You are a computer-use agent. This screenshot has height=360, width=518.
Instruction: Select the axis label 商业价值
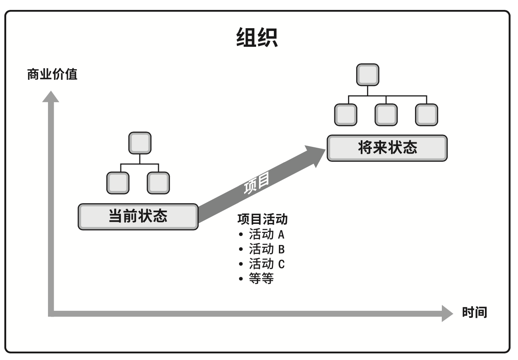(52, 75)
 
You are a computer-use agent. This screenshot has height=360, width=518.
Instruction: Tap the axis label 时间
(474, 312)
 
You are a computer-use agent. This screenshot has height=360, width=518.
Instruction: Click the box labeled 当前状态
(138, 216)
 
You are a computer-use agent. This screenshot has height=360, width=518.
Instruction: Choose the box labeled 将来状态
(387, 148)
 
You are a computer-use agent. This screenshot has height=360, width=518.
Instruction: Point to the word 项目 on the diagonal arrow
(256, 182)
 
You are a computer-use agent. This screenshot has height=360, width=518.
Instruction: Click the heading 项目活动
(262, 219)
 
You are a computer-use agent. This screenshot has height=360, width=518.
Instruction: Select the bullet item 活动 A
(266, 235)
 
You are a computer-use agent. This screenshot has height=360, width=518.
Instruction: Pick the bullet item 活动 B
(266, 249)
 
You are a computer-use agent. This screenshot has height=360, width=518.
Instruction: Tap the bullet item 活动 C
(266, 264)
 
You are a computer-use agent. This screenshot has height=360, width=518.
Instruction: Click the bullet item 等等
(261, 279)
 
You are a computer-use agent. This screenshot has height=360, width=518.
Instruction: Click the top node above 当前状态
(140, 143)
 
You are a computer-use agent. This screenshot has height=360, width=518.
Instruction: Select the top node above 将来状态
(367, 74)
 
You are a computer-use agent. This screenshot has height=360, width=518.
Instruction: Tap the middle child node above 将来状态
(386, 114)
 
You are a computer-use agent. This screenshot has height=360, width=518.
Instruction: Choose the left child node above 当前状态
(118, 183)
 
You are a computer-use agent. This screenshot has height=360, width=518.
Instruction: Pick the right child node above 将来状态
(426, 114)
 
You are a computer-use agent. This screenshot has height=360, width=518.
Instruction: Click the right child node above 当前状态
(158, 183)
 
